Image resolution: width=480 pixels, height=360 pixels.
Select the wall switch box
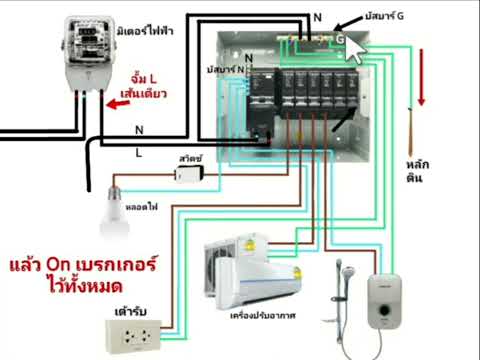tap(187, 172)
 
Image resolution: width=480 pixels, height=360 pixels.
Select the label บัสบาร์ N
tap(223, 70)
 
